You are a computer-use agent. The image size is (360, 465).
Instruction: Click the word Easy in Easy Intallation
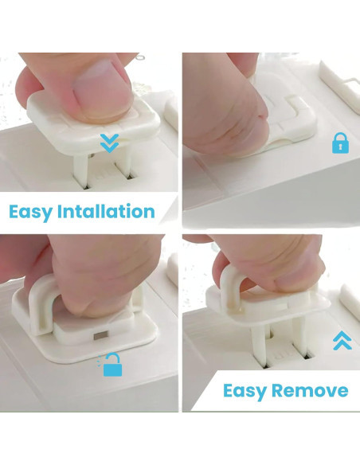30,213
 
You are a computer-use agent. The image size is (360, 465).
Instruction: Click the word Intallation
106,211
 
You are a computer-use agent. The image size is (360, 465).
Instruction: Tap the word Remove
310,390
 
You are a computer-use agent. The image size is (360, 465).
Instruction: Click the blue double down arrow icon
109,143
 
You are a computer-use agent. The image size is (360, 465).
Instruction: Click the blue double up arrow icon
342,340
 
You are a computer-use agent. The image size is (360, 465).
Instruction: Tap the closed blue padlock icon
340,143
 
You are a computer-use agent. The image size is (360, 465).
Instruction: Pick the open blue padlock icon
111,365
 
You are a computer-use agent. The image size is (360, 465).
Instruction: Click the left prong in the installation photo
81,170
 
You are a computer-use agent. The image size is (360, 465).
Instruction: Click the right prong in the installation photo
126,162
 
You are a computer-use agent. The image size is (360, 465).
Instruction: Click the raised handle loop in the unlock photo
41,306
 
